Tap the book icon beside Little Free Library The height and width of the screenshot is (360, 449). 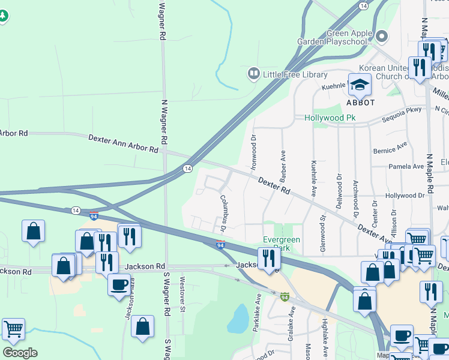(253, 74)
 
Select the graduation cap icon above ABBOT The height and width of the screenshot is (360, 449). (360, 85)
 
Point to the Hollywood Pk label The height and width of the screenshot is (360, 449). (330, 118)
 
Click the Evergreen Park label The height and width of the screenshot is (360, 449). (282, 243)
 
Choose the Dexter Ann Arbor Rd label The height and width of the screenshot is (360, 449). (122, 142)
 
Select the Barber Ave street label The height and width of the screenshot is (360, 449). (282, 164)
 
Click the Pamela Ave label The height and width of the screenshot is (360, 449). (406, 166)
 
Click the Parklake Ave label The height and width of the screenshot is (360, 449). (257, 312)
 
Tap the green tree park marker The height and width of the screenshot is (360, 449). (4, 16)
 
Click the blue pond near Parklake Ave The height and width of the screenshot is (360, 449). (238, 319)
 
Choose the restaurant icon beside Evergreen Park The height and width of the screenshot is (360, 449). (268, 258)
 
